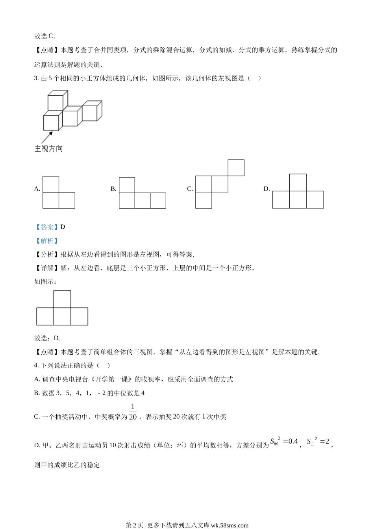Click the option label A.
click(x=37, y=189)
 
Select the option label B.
click(x=113, y=189)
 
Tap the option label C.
click(x=190, y=189)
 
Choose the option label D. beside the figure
click(x=267, y=189)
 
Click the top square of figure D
click(x=298, y=183)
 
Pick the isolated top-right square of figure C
click(x=236, y=168)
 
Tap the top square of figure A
click(x=51, y=184)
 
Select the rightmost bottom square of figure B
click(x=158, y=200)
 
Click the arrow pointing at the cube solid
click(x=47, y=137)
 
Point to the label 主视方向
click(x=49, y=149)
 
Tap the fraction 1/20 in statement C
click(x=133, y=412)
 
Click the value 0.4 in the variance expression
click(x=291, y=441)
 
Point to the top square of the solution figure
click(x=62, y=299)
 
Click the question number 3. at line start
click(x=37, y=78)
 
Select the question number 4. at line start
click(x=37, y=366)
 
